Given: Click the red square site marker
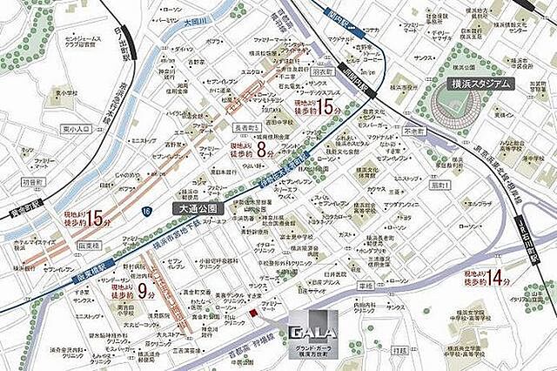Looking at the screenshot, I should pyautogui.click(x=252, y=312).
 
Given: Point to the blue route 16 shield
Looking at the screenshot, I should pyautogui.click(x=145, y=212).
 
